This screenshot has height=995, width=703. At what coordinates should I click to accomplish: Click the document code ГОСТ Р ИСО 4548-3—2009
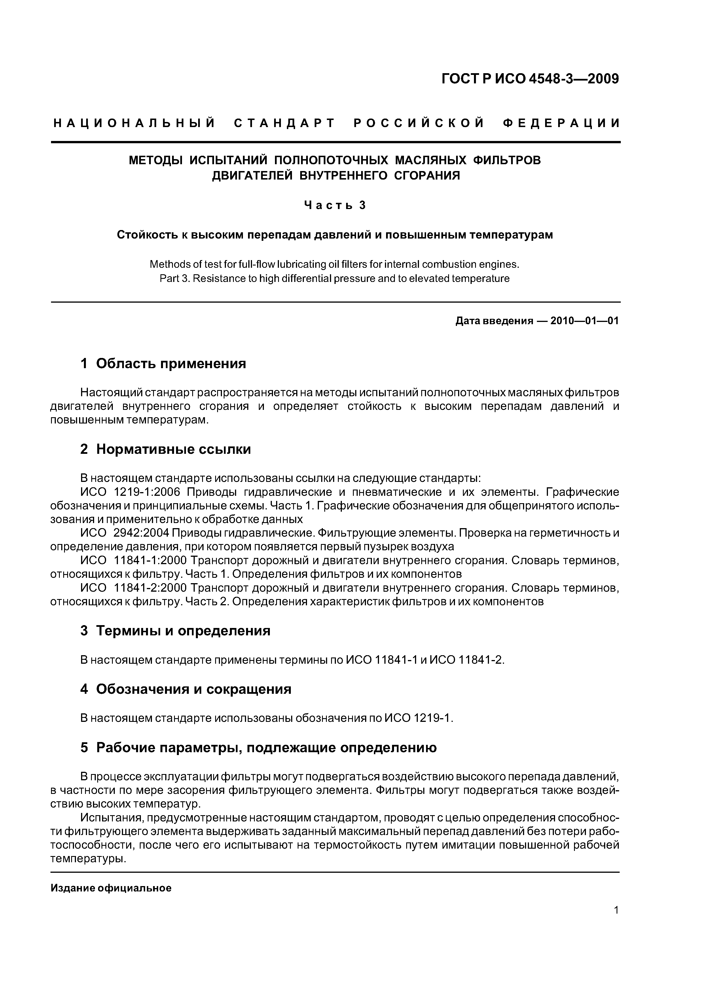pos(530,79)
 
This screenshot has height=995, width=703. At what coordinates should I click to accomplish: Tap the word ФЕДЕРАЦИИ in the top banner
pos(561,123)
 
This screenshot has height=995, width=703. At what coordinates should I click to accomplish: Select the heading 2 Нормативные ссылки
pos(166,449)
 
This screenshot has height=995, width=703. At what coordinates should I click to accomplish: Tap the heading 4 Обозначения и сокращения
pos(186,689)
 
